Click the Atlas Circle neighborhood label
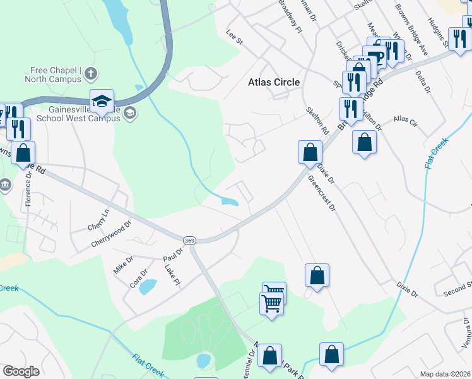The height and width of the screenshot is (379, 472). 274,82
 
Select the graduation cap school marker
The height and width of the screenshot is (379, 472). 101,101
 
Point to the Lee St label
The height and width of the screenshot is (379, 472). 235,39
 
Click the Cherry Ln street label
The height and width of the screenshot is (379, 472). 98,219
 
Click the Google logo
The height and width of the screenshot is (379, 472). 21,371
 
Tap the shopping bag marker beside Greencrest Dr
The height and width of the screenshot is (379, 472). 310,152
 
